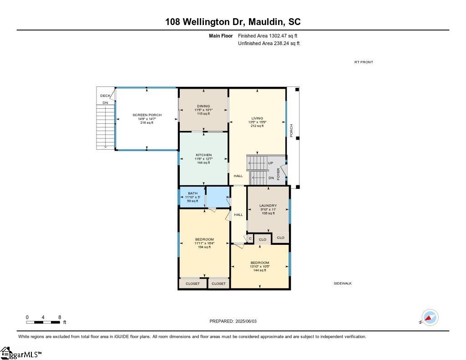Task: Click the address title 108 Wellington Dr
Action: pyautogui.click(x=233, y=22)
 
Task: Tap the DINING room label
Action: pyautogui.click(x=203, y=106)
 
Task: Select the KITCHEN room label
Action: pyautogui.click(x=203, y=155)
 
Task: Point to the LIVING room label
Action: pyautogui.click(x=257, y=118)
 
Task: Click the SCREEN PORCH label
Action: pyautogui.click(x=147, y=115)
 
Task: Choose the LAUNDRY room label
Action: pyautogui.click(x=268, y=206)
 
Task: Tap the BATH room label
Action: pyautogui.click(x=192, y=193)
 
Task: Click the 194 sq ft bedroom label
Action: pyautogui.click(x=204, y=239)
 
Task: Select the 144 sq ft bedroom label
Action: pyautogui.click(x=259, y=263)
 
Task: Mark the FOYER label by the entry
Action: pyautogui.click(x=279, y=174)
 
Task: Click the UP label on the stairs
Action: pyautogui.click(x=270, y=163)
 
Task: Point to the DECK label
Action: pyautogui.click(x=105, y=96)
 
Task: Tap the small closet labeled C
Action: pyautogui.click(x=250, y=238)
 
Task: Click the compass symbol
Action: pyautogui.click(x=430, y=317)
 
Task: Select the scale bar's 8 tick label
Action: pyautogui.click(x=60, y=317)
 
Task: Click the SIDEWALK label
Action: pyautogui.click(x=343, y=283)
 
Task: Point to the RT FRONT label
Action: pyautogui.click(x=364, y=62)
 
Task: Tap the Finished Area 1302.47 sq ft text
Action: pyautogui.click(x=268, y=35)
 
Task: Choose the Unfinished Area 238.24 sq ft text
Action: pyautogui.click(x=268, y=44)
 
